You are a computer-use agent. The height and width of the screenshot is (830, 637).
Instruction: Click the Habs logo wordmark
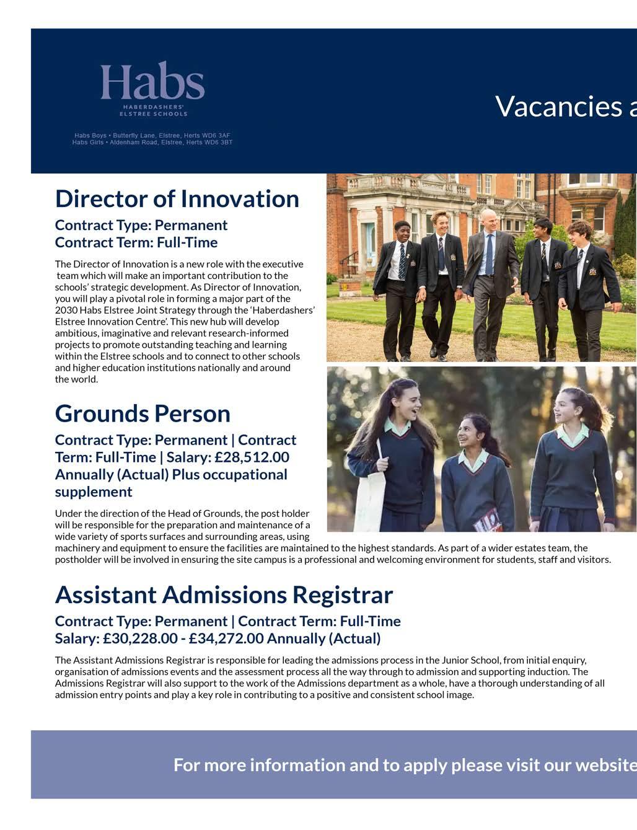click(152, 82)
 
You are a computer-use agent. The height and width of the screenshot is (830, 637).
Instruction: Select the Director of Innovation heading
click(177, 199)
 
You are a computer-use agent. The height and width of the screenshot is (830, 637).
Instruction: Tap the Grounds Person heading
click(143, 413)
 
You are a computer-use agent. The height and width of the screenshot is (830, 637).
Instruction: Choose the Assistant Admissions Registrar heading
click(224, 594)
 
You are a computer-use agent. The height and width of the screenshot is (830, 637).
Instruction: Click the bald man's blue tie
click(489, 254)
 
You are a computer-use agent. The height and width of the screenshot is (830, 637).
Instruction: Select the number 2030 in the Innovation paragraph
click(65, 310)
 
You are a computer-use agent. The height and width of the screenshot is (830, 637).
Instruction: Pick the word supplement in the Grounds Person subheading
click(94, 492)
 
